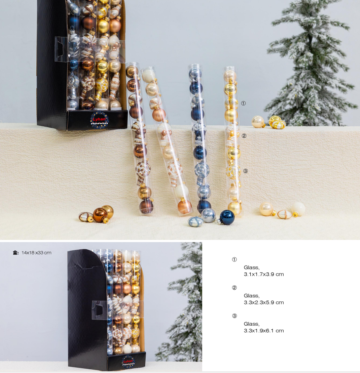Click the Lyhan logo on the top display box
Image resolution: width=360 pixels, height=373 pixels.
[99, 120]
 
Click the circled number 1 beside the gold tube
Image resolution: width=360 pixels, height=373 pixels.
[243, 103]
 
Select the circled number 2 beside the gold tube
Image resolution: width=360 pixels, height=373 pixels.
[244, 136]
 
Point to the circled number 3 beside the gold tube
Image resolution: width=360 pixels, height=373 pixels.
[245, 171]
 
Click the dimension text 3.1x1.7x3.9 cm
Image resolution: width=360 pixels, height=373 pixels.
[264, 274]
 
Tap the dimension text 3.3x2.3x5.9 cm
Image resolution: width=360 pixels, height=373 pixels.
[264, 302]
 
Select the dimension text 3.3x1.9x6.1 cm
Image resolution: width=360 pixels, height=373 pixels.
[264, 331]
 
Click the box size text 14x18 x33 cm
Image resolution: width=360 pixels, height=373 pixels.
[36, 253]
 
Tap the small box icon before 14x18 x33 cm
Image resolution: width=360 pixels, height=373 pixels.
[16, 253]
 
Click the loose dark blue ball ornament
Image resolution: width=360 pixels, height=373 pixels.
[226, 217]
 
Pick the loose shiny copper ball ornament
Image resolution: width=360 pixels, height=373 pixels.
[100, 215]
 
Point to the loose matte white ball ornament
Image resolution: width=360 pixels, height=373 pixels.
[298, 209]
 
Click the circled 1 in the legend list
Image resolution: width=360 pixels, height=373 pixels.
[235, 259]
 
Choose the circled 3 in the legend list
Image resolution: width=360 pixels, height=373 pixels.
[235, 316]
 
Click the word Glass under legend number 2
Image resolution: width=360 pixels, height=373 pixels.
[251, 296]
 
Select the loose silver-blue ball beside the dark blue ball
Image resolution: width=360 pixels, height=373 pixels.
[208, 215]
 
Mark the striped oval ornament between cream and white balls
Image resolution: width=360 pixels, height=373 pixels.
[285, 214]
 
